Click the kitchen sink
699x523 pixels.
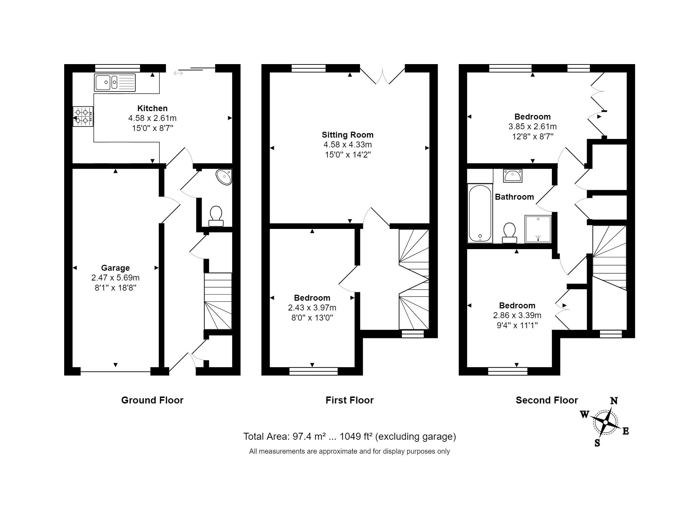(115, 83)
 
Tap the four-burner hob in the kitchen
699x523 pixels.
(83, 117)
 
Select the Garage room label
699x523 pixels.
(115, 268)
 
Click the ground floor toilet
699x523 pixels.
(216, 216)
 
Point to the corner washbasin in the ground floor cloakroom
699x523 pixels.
(224, 177)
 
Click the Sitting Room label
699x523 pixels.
(347, 135)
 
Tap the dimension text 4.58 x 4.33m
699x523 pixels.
(347, 145)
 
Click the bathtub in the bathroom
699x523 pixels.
(480, 213)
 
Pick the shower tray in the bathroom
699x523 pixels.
(538, 229)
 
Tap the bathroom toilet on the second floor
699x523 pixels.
(510, 233)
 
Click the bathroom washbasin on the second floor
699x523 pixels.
(512, 175)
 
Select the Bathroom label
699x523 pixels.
(514, 197)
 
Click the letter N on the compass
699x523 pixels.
(614, 401)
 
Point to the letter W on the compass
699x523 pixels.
(584, 414)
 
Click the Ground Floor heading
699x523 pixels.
(152, 400)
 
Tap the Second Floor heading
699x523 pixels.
(547, 400)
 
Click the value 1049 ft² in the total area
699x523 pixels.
(356, 437)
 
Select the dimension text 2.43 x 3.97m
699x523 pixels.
(312, 308)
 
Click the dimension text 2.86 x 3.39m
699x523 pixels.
(517, 315)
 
